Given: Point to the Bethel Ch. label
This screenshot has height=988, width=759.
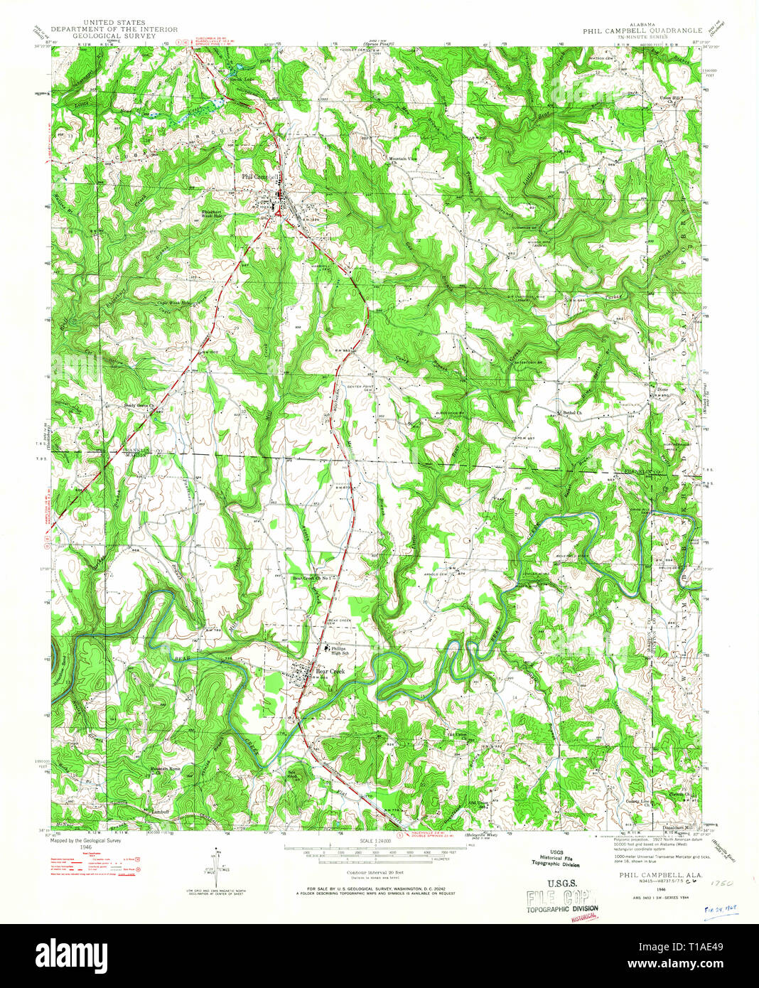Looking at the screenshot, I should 570,412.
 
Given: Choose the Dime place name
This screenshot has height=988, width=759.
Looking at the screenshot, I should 662,390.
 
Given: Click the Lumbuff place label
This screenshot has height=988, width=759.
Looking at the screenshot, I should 158,810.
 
